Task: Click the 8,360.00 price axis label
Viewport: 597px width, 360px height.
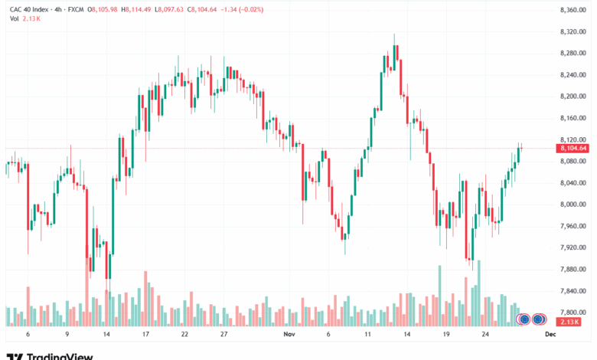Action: tap(573, 9)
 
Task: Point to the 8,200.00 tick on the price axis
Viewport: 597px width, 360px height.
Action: tap(573, 96)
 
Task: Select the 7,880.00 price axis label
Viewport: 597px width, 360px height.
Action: tap(573, 269)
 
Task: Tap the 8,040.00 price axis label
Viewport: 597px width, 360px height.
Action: tap(573, 182)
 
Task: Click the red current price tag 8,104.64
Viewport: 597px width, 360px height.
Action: tap(573, 148)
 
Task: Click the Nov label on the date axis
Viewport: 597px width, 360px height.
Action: tap(289, 335)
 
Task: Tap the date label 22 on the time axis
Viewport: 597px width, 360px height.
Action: tap(184, 335)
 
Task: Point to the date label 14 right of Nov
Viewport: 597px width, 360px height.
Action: tap(408, 335)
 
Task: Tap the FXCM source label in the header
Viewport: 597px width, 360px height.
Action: tap(76, 9)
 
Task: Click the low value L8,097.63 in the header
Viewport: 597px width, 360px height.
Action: tap(176, 9)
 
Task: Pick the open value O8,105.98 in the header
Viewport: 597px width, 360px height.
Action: tap(103, 9)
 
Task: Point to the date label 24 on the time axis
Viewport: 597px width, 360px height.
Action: tap(485, 335)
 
